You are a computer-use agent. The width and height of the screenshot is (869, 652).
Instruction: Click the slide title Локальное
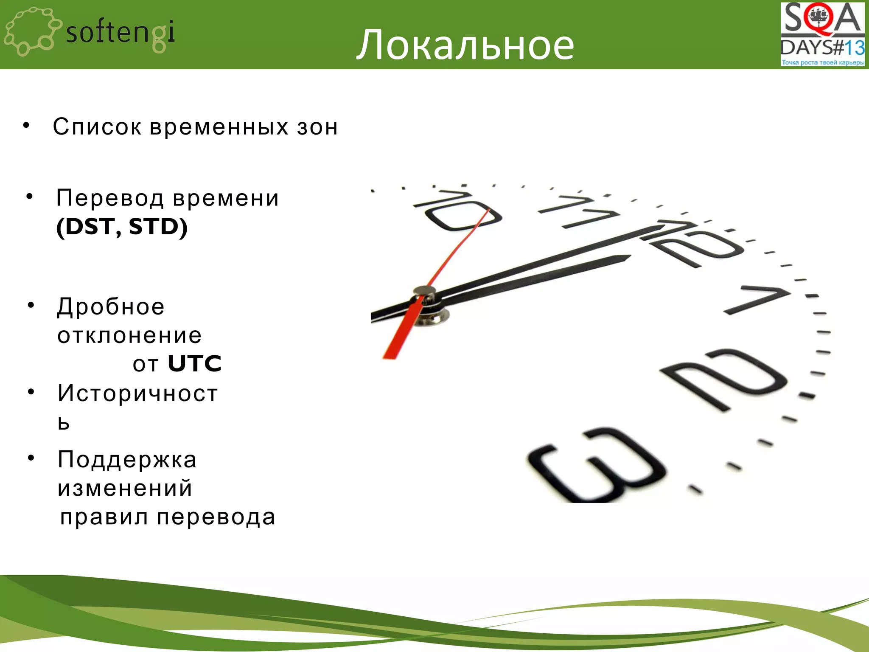(465, 44)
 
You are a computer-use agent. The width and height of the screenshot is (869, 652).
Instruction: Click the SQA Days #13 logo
(822, 34)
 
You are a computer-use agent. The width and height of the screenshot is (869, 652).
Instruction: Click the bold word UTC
(195, 363)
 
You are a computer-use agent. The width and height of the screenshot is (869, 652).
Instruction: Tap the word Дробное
(111, 307)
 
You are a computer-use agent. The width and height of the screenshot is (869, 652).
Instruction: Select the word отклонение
(129, 335)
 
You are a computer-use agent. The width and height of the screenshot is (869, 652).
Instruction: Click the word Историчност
(138, 393)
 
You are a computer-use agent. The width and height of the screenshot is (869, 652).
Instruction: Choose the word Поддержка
(127, 460)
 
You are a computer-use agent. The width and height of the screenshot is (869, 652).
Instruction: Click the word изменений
(125, 488)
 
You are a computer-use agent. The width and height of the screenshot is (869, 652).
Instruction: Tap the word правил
(104, 517)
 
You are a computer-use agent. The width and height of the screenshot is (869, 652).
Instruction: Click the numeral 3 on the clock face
(596, 465)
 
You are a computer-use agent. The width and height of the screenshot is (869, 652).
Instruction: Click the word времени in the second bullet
(226, 198)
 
